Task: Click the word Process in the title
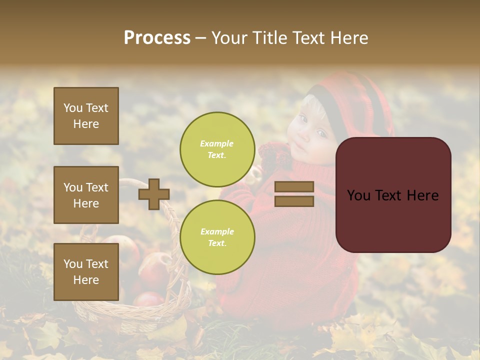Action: click(157, 38)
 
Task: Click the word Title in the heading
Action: click(269, 38)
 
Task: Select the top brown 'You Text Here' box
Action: click(86, 116)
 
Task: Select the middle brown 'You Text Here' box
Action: click(86, 195)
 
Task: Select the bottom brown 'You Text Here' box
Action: click(86, 272)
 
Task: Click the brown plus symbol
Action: click(154, 194)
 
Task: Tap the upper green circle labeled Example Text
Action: click(217, 149)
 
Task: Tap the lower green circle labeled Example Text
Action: click(217, 237)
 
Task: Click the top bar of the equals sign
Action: click(294, 187)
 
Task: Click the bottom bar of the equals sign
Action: click(294, 201)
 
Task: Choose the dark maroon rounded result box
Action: click(393, 195)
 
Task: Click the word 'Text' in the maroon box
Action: click(392, 195)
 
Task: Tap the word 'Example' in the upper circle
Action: click(217, 143)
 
